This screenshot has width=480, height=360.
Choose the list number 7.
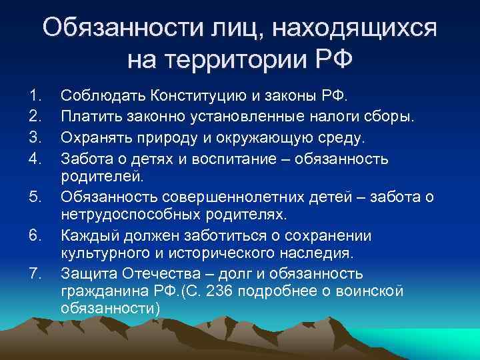click(36, 272)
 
